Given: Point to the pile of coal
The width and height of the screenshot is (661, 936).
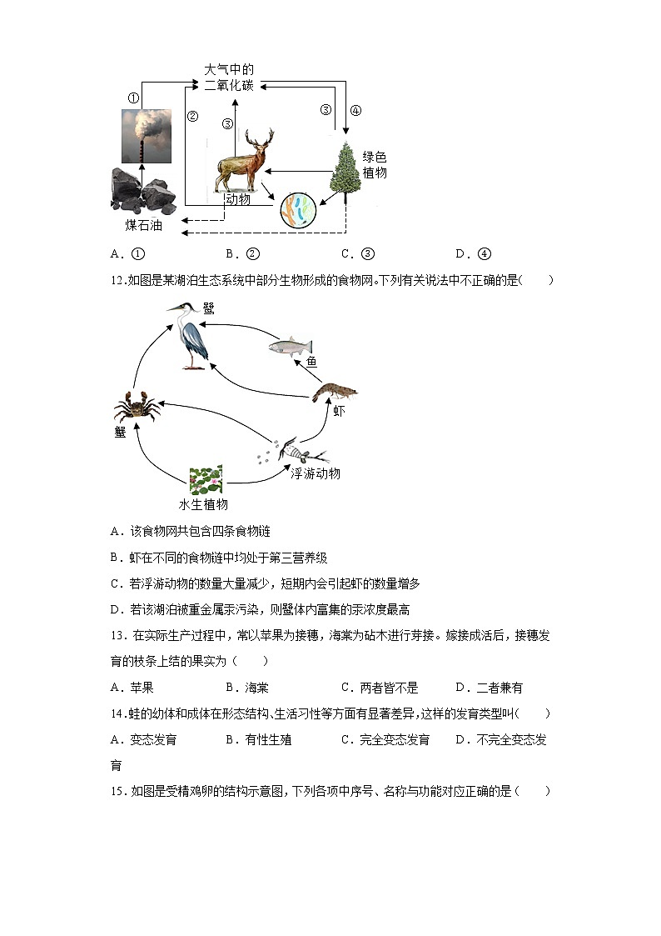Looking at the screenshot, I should tap(142, 190).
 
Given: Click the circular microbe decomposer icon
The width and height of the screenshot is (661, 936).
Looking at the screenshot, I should tap(297, 210).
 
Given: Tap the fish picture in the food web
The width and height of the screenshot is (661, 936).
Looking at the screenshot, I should tap(291, 346).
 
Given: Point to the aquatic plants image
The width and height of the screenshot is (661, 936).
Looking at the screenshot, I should tap(205, 481).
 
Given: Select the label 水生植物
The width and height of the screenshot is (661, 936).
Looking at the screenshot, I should tap(203, 504).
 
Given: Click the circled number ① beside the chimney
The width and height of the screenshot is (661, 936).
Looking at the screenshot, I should tap(132, 98).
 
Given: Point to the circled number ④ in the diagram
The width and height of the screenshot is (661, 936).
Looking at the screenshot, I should tap(355, 110).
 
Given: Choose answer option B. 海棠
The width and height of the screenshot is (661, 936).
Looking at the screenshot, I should tap(247, 688).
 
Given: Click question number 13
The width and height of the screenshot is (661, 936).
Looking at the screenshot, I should tap(117, 635).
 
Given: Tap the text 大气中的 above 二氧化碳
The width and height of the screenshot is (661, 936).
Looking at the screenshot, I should tap(228, 69).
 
